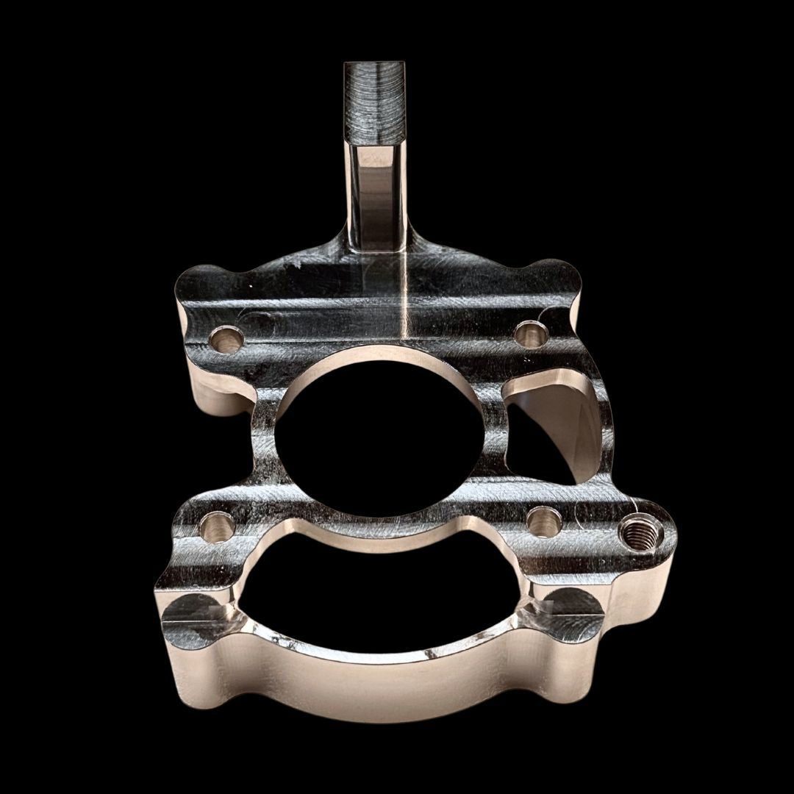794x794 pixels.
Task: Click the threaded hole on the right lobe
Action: pyautogui.click(x=637, y=532)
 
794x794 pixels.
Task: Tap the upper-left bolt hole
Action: pyautogui.click(x=226, y=339)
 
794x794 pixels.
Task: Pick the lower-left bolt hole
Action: pyautogui.click(x=217, y=526)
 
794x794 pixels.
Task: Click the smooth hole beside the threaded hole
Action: pyautogui.click(x=545, y=522)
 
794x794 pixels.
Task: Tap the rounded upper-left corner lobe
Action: pyautogui.click(x=198, y=283)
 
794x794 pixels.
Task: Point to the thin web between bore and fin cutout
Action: pyautogui.click(x=494, y=434)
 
